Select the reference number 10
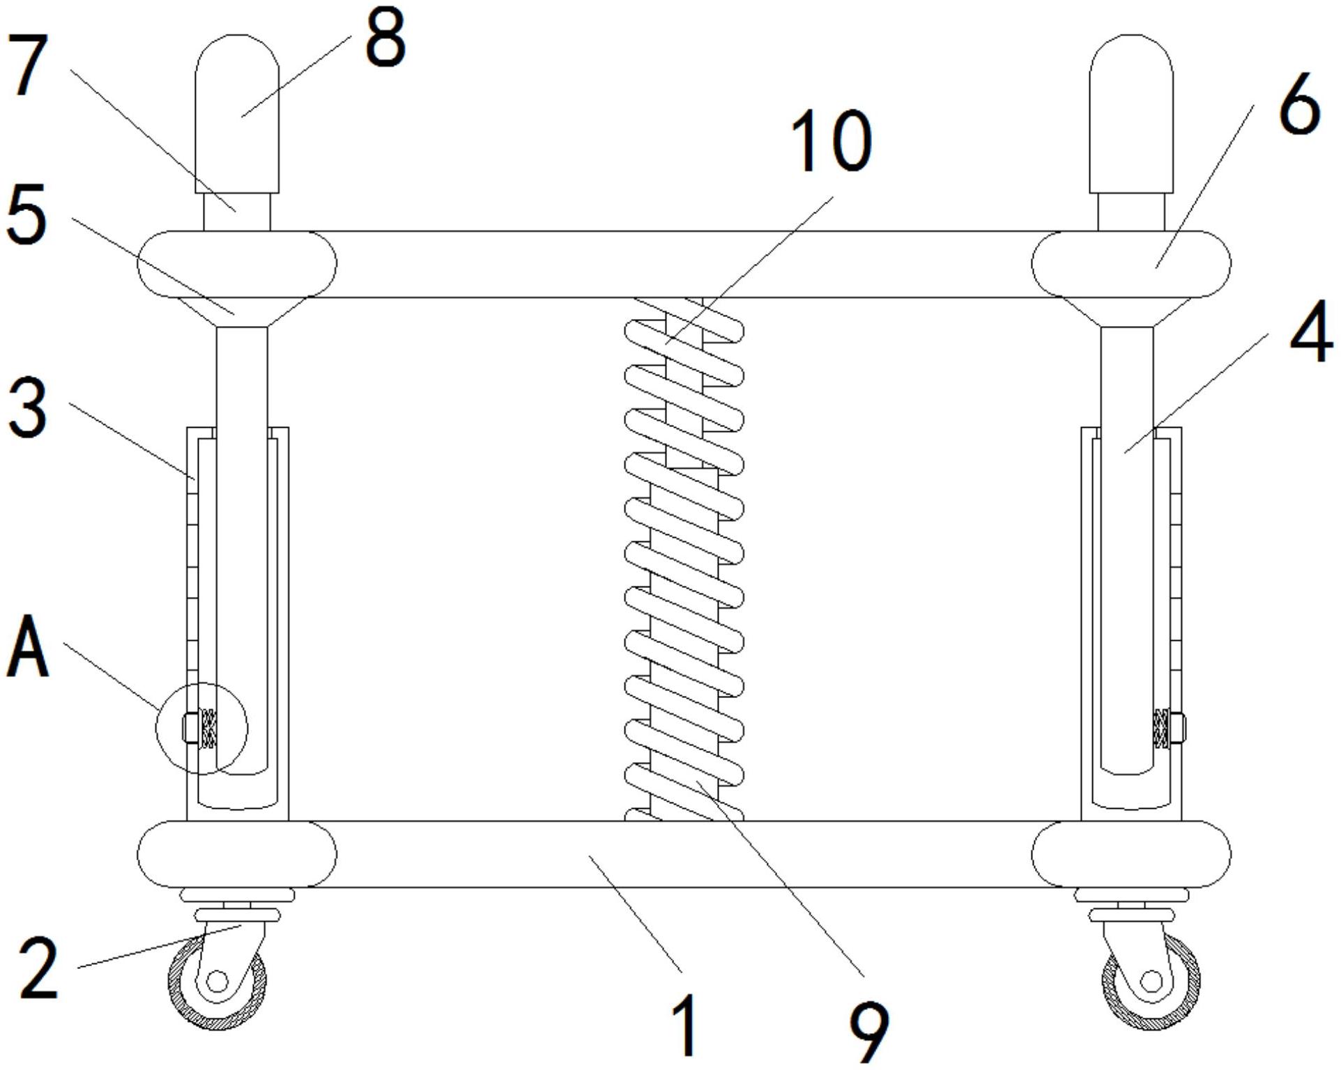tap(832, 141)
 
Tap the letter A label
tap(28, 646)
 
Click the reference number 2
tap(39, 968)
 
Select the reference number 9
tap(869, 1032)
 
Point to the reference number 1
tap(686, 1025)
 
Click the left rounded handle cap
tap(237, 114)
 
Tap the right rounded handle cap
tap(1131, 114)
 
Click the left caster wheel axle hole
tap(217, 982)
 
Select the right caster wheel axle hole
tap(1151, 982)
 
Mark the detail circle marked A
tap(201, 728)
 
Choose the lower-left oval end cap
tap(237, 854)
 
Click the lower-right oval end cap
tap(1131, 854)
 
